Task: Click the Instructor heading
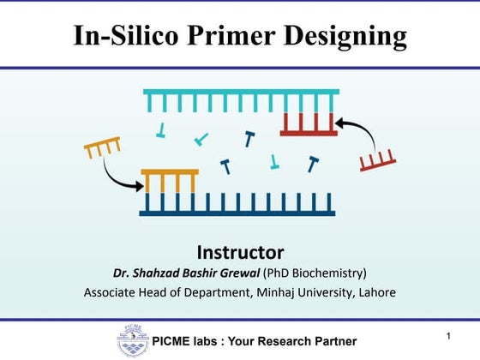coord(240,252)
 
